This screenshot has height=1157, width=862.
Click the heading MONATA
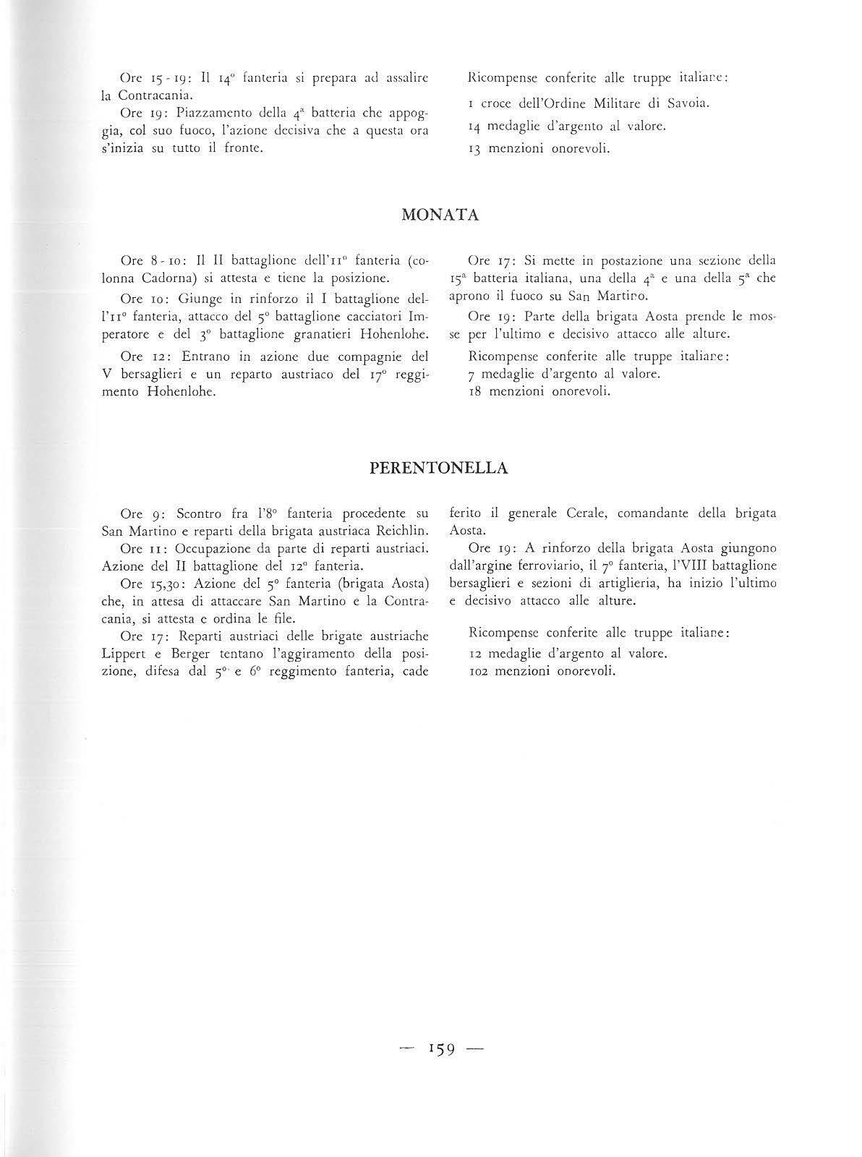click(x=439, y=215)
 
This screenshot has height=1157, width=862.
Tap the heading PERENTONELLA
click(x=438, y=468)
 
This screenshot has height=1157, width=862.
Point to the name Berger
click(x=193, y=653)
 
